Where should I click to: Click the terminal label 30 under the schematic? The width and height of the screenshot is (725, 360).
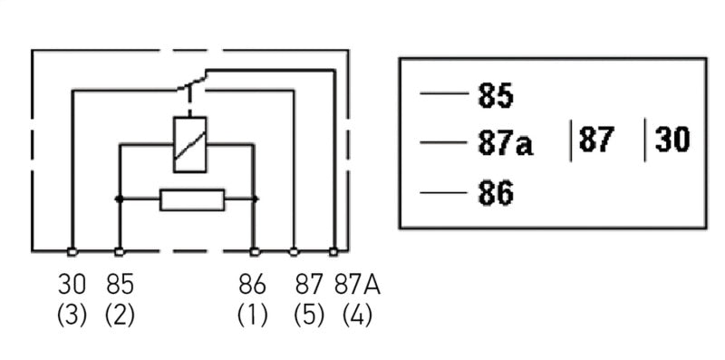pyautogui.click(x=72, y=285)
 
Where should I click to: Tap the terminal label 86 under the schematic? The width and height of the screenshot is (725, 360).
pyautogui.click(x=253, y=285)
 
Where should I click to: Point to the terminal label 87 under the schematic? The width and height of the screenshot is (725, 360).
pyautogui.click(x=309, y=285)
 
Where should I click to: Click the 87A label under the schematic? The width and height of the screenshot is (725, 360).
pyautogui.click(x=357, y=285)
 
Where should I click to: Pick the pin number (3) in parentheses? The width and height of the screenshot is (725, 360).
pyautogui.click(x=72, y=316)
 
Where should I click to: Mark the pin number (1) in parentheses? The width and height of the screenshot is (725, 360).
pyautogui.click(x=253, y=316)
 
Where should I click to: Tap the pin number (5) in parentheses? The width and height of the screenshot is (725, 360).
pyautogui.click(x=309, y=316)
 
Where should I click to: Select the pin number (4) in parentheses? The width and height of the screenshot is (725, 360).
pyautogui.click(x=357, y=316)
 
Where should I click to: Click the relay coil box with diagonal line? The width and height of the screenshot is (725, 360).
pyautogui.click(x=189, y=144)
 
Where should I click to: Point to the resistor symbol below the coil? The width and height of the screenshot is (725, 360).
pyautogui.click(x=191, y=199)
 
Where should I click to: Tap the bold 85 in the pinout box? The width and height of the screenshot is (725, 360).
pyautogui.click(x=495, y=95)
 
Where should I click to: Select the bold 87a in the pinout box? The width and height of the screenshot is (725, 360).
pyautogui.click(x=505, y=144)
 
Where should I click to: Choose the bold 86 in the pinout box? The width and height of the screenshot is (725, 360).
pyautogui.click(x=495, y=192)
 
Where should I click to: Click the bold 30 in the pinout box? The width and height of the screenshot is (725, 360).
pyautogui.click(x=672, y=141)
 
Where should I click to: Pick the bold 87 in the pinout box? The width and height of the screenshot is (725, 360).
pyautogui.click(x=596, y=141)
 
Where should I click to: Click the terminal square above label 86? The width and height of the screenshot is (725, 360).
pyautogui.click(x=255, y=251)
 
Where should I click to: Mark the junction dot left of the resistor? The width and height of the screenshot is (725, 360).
pyautogui.click(x=118, y=199)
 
